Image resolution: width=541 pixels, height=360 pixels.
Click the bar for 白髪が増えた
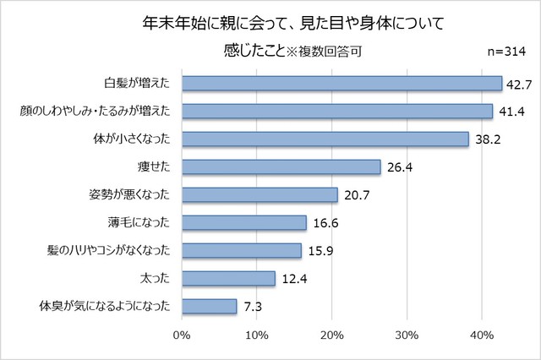pos(342,83)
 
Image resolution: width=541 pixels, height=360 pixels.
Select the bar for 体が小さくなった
pos(325,139)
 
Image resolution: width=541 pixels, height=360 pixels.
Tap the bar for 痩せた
pos(281,166)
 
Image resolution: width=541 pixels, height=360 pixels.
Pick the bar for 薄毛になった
pos(243,222)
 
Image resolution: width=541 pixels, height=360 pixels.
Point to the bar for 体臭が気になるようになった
pos(209,306)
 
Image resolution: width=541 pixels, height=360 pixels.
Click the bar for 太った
pos(228,278)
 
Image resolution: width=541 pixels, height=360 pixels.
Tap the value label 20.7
pos(356,195)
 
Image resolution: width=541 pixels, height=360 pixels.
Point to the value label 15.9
pos(320,251)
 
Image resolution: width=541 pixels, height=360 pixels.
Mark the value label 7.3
pos(251,307)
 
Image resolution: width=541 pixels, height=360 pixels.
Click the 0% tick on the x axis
pos(181,335)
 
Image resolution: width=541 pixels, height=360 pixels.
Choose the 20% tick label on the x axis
pos(331,335)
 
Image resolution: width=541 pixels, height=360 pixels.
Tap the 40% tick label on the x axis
pos(482,335)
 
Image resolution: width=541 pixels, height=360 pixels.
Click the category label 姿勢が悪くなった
pos(129,194)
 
